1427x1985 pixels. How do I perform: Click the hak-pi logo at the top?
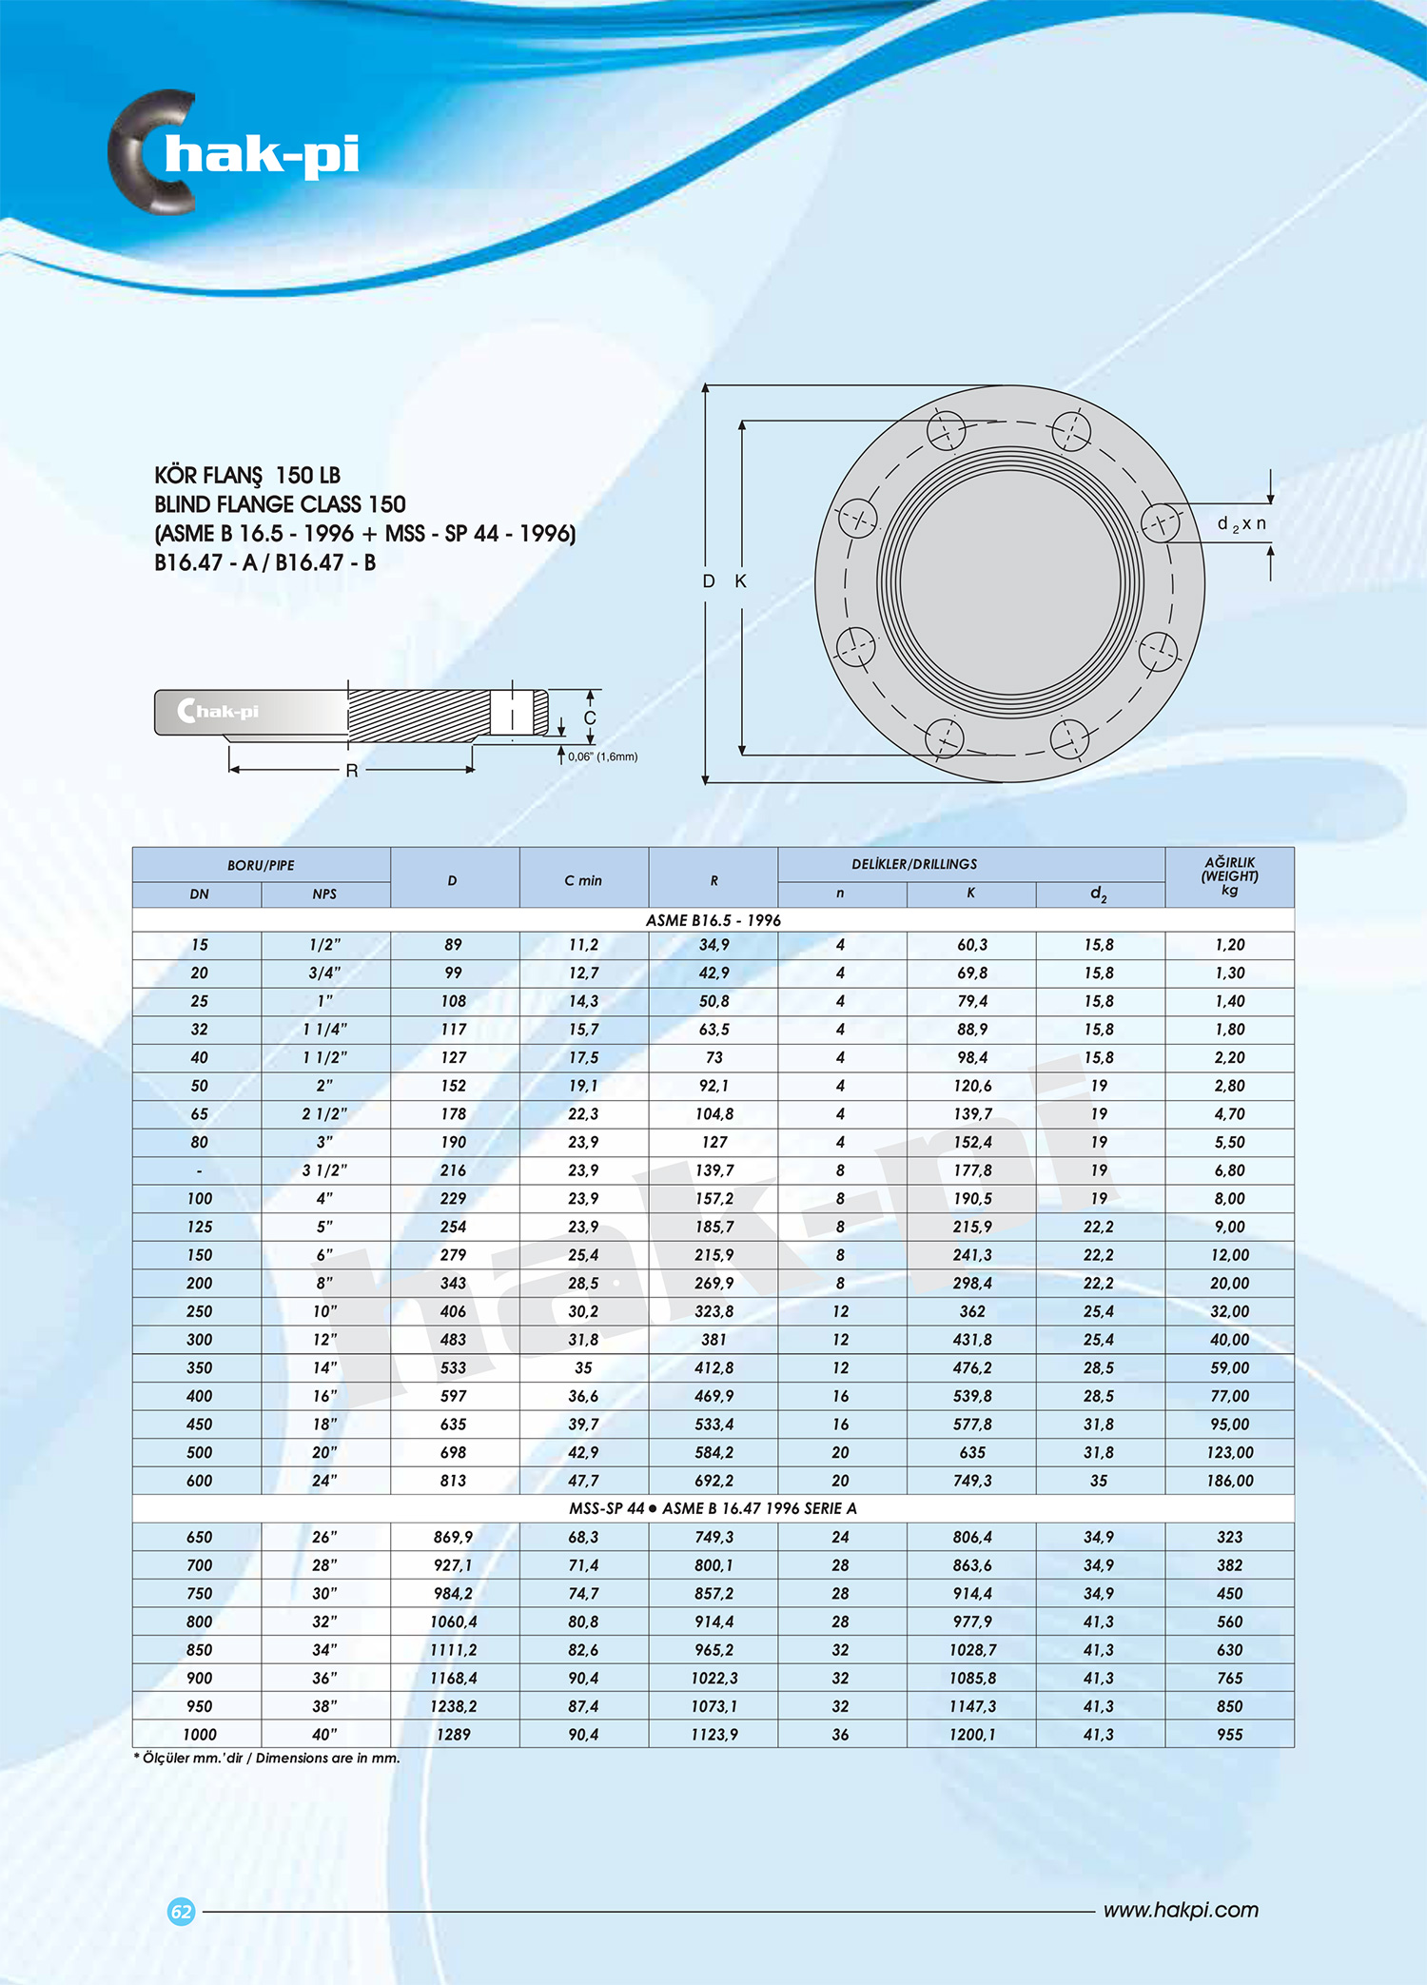(x=234, y=152)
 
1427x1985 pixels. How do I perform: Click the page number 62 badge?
(x=181, y=1911)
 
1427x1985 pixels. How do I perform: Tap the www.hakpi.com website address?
(x=1181, y=1910)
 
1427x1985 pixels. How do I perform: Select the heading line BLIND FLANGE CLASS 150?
(x=280, y=504)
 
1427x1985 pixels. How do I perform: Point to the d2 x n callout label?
(x=1241, y=524)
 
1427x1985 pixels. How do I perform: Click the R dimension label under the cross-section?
(x=352, y=770)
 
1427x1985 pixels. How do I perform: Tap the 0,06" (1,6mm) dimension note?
(x=602, y=757)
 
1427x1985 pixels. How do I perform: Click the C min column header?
(x=583, y=880)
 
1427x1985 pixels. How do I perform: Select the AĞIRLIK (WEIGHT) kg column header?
(x=1229, y=875)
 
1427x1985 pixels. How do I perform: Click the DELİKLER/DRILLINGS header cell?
(x=914, y=864)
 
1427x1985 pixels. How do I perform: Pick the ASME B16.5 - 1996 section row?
(x=713, y=920)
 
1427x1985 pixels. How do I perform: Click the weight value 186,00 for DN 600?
(x=1229, y=1481)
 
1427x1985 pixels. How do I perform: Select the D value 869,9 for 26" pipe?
(x=453, y=1537)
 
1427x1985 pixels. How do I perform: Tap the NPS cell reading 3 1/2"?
(x=324, y=1170)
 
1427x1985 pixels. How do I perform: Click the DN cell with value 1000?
(x=199, y=1735)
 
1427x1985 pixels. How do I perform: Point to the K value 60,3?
(x=971, y=945)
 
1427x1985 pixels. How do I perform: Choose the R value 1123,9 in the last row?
(x=713, y=1735)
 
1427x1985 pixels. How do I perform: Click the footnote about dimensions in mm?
(x=266, y=1758)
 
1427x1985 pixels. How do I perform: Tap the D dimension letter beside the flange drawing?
(x=709, y=581)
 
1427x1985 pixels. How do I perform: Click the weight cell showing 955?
(x=1229, y=1735)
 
